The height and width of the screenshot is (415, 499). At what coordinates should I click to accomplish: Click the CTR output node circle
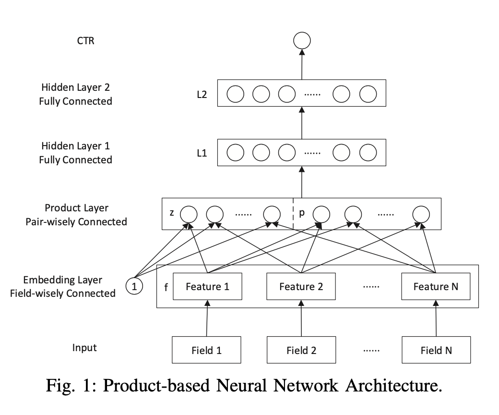click(x=302, y=40)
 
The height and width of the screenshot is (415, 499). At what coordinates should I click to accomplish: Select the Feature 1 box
click(x=207, y=287)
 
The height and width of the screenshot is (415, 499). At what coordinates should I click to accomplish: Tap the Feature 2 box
click(x=301, y=287)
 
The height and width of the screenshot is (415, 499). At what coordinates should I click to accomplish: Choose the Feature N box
click(x=436, y=287)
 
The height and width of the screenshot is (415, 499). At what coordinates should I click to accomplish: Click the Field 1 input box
click(x=207, y=350)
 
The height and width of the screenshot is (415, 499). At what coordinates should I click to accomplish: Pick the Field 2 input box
click(x=301, y=350)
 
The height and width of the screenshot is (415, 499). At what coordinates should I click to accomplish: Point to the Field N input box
click(x=436, y=350)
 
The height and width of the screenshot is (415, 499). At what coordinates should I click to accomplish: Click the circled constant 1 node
click(x=135, y=287)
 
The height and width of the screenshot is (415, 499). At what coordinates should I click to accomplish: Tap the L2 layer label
click(x=202, y=94)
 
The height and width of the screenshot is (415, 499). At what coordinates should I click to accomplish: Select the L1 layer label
click(x=202, y=153)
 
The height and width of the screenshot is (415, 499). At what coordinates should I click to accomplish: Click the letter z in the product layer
click(x=171, y=212)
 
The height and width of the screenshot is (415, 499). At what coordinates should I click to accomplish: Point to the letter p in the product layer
click(x=302, y=212)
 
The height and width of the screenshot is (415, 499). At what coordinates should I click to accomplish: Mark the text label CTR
click(x=86, y=40)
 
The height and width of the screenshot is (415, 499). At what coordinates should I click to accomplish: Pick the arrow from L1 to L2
click(x=302, y=123)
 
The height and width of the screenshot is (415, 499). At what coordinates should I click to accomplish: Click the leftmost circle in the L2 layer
click(x=236, y=94)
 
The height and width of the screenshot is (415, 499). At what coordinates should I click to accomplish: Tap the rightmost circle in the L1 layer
click(x=368, y=153)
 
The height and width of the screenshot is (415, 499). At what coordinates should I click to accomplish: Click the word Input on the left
click(x=84, y=347)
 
